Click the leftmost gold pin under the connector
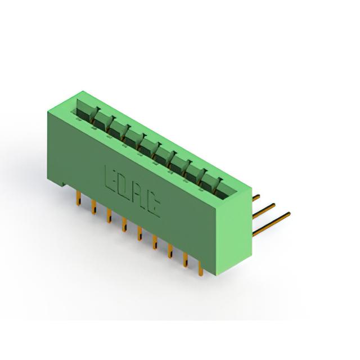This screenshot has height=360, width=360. point(79,199)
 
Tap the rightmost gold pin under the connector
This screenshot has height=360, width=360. point(200,269)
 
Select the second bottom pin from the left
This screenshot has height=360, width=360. point(94,208)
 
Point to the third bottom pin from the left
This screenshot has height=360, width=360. point(109,216)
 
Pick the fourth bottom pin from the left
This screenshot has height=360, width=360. point(124,225)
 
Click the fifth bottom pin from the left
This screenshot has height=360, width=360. point(139,233)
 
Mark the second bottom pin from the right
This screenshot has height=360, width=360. point(185,260)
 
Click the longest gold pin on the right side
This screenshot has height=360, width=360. point(271,224)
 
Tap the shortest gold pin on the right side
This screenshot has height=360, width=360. point(256,198)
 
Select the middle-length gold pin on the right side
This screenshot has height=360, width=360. point(264,211)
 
